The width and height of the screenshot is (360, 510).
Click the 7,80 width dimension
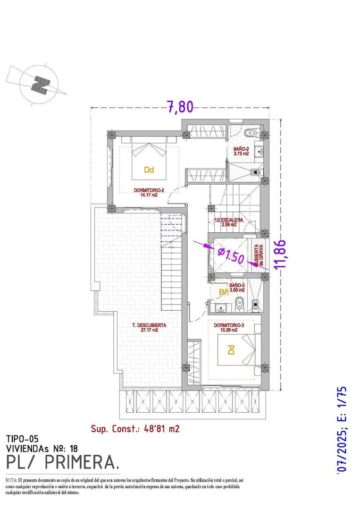180,107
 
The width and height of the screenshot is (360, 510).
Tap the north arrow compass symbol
40,84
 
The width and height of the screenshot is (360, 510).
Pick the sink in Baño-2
258,152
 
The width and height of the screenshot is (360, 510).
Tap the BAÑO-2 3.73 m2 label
242,151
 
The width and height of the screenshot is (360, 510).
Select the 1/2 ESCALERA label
229,222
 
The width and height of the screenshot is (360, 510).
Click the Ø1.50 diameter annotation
230,256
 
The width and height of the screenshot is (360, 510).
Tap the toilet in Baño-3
240,305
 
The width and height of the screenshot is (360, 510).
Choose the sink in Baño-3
220,309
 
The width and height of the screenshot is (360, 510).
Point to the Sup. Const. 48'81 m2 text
135,429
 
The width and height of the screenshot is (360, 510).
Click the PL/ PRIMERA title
62,462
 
